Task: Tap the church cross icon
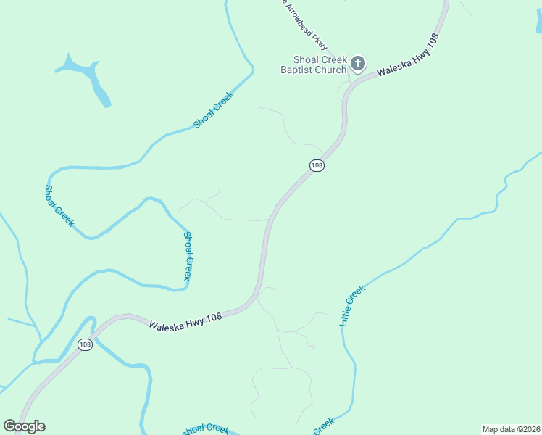tap(357, 64)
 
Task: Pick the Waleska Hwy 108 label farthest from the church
tap(185, 320)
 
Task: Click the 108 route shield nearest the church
tap(316, 165)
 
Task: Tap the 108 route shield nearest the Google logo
tap(86, 344)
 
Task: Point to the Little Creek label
tap(353, 305)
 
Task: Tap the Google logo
tap(24, 426)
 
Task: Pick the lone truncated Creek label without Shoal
tap(324, 426)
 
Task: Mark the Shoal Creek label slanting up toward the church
tap(214, 110)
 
